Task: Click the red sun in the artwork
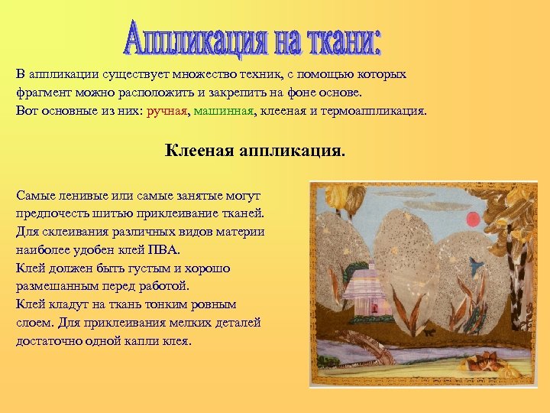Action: (x=474, y=219)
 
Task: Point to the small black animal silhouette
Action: (x=431, y=331)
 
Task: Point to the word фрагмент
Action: (x=43, y=93)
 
